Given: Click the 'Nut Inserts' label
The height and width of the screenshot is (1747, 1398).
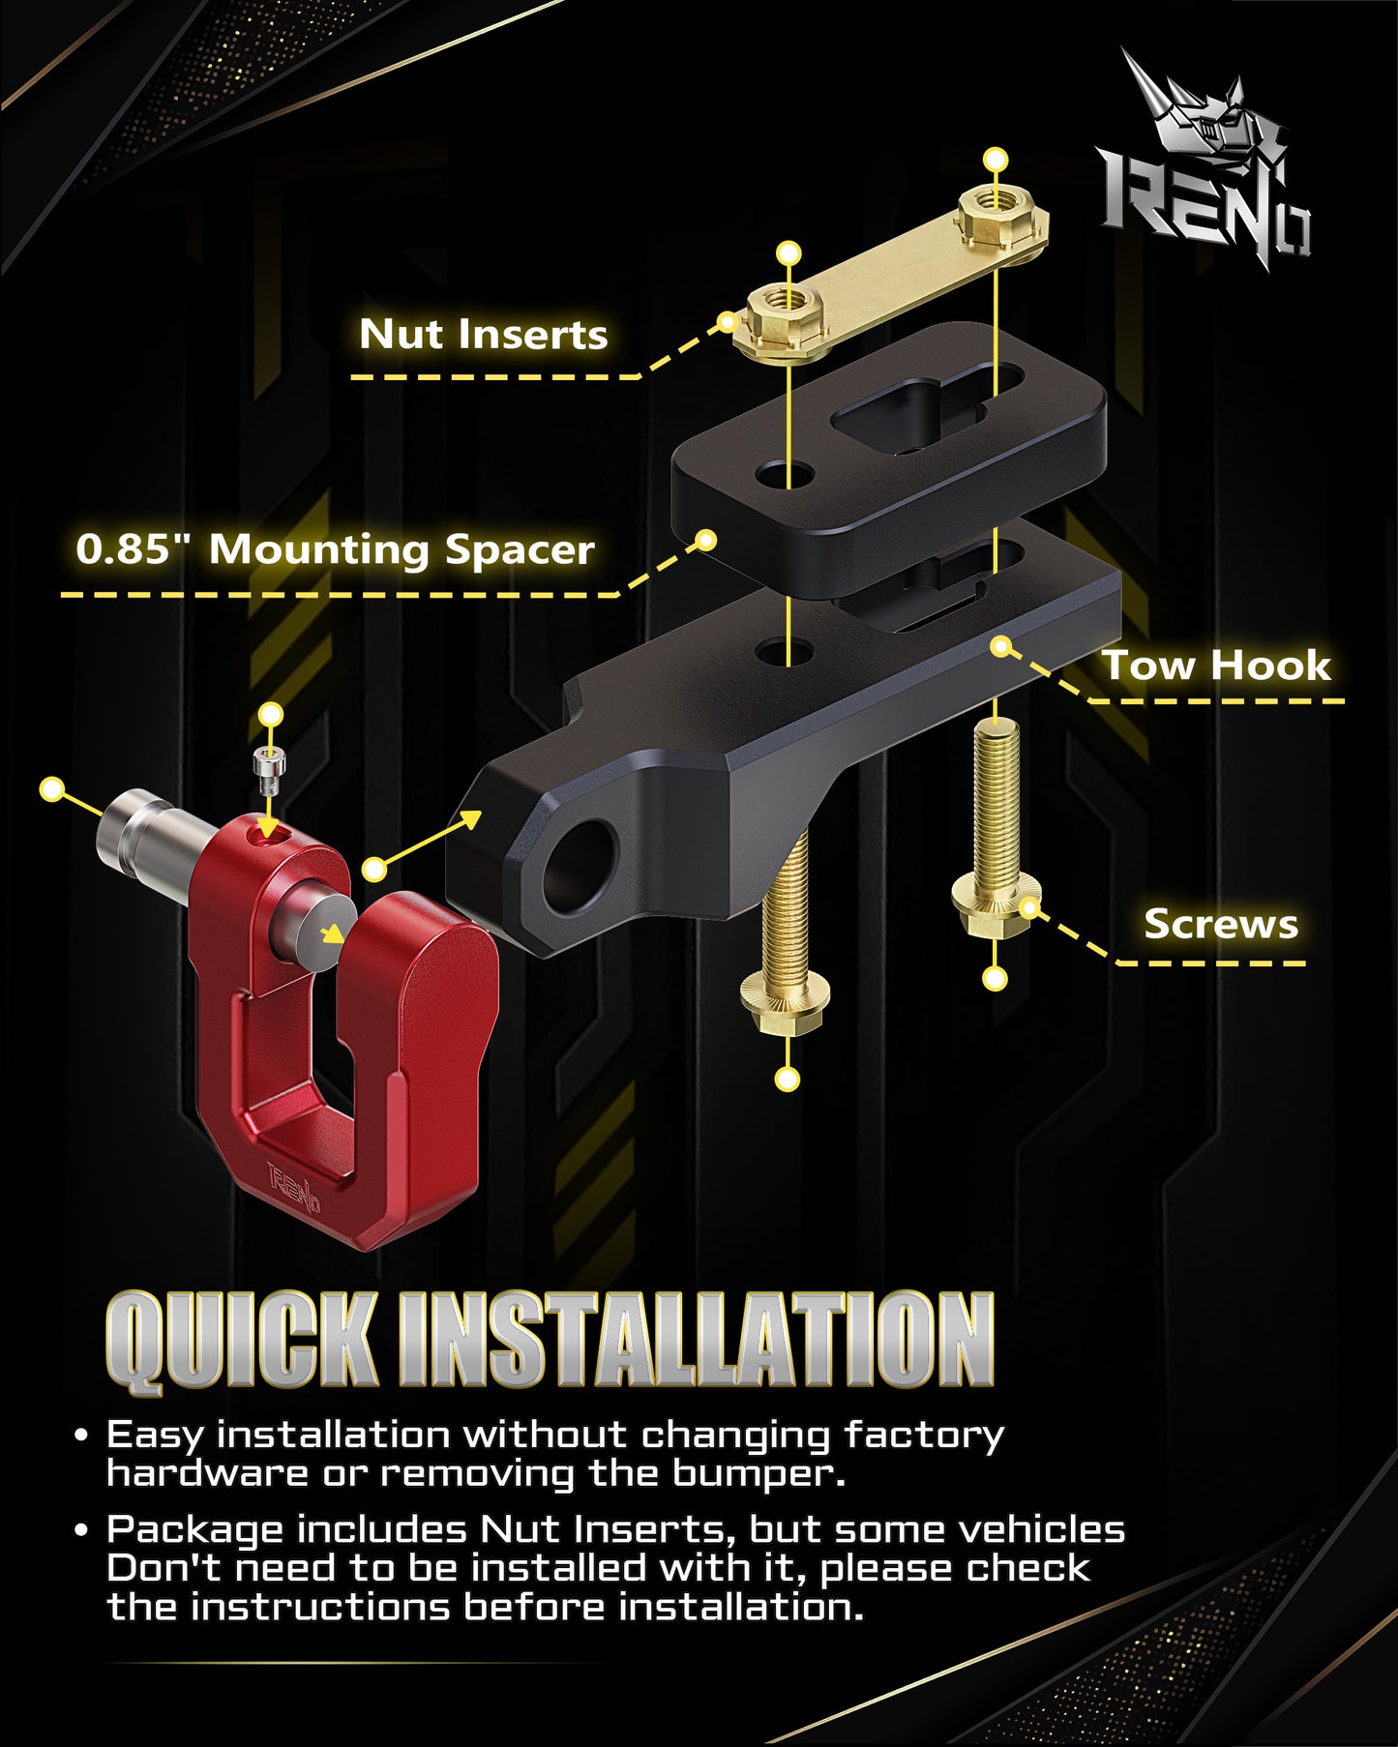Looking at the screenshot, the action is pyautogui.click(x=483, y=335).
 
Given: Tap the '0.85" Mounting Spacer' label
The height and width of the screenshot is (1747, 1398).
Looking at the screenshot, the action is pyautogui.click(x=335, y=549).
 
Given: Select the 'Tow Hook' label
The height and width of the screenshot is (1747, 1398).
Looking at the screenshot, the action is pyautogui.click(x=1217, y=666).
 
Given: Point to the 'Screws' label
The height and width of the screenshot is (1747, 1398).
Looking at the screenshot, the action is pyautogui.click(x=1221, y=924).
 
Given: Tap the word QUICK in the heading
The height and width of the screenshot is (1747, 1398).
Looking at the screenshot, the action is pyautogui.click(x=242, y=1342).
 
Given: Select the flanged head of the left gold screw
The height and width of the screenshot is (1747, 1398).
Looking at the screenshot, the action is pyautogui.click(x=785, y=1002).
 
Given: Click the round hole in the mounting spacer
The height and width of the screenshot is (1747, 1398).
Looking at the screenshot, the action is pyautogui.click(x=786, y=475).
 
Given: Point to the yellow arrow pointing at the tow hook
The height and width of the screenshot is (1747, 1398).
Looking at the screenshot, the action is pyautogui.click(x=427, y=841).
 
